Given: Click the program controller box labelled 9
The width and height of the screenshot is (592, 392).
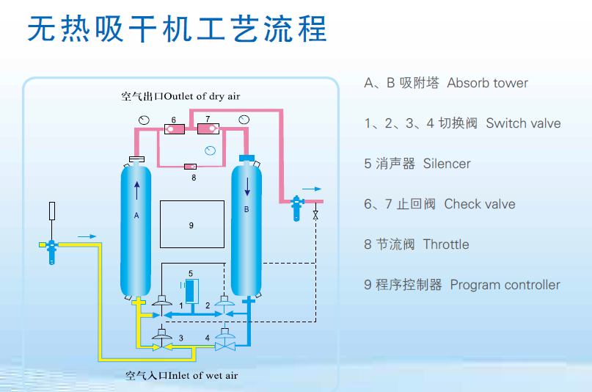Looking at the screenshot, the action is (191, 225).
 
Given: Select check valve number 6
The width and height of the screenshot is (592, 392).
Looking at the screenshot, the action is (175, 129).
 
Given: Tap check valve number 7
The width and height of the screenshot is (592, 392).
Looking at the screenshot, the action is (208, 128).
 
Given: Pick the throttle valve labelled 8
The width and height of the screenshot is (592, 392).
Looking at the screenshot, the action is (190, 167).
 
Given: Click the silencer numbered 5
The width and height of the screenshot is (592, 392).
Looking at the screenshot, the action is (191, 291).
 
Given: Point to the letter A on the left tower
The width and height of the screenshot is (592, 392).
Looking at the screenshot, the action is (136, 216).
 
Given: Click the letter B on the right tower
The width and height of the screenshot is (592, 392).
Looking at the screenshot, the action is (246, 209).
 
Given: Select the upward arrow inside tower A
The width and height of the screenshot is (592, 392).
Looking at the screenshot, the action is (136, 191).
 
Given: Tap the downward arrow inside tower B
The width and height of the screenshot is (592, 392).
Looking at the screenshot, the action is (247, 186).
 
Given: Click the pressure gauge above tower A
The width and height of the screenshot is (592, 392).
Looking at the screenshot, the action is (144, 120).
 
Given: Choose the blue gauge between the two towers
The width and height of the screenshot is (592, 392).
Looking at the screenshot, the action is (211, 150).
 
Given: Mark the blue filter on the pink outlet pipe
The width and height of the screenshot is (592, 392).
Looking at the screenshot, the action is (297, 208).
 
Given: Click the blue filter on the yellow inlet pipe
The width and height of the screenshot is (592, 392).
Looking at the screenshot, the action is (52, 252).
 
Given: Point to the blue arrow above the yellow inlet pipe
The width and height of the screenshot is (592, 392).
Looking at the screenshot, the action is (87, 236).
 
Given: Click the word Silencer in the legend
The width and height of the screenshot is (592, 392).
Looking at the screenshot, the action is (447, 164).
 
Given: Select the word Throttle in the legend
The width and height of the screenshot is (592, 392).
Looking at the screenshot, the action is (446, 244).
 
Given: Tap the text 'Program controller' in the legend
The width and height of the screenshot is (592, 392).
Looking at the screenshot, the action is (505, 285).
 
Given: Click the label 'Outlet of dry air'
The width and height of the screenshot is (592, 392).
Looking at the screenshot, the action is (202, 97).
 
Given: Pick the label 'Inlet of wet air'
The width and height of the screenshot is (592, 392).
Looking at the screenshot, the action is (203, 376).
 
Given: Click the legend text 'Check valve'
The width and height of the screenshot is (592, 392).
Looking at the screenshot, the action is (480, 204).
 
